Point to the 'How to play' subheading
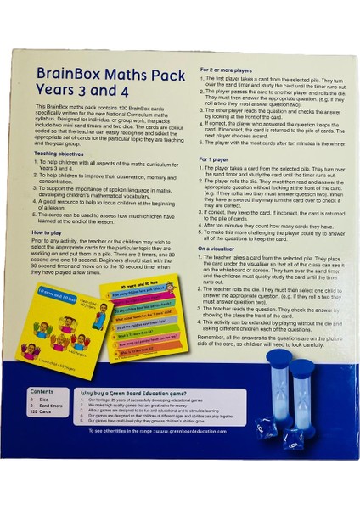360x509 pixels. [50, 231]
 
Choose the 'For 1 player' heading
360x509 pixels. [218, 159]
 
